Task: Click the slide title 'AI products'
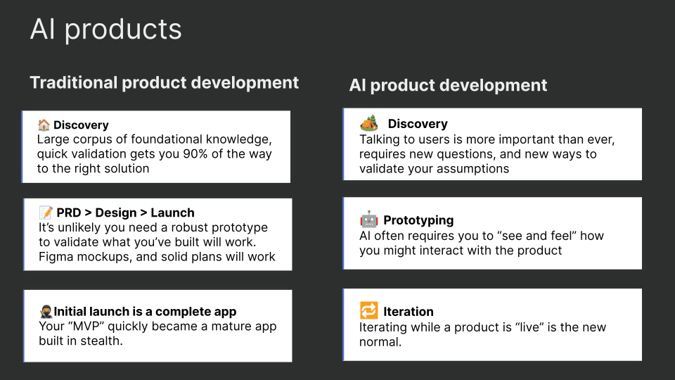point(105,30)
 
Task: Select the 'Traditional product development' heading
point(164,82)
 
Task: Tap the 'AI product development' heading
point(448,86)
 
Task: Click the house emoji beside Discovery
point(44,125)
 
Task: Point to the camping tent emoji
point(369,123)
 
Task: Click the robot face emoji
point(369,220)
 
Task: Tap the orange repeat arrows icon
point(368,311)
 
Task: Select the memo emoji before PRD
point(45,213)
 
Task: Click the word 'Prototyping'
point(418,220)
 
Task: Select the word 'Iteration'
point(408,312)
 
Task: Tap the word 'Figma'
point(56,257)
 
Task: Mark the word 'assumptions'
point(475,169)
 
